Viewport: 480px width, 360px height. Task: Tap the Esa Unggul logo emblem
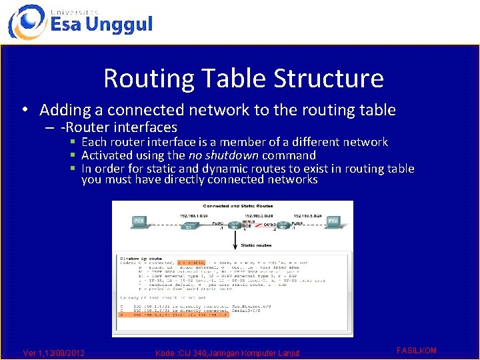pyautogui.click(x=27, y=21)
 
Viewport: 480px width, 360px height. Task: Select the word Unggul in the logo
pyautogui.click(x=121, y=25)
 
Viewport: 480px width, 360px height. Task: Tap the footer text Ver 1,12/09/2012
pyautogui.click(x=54, y=352)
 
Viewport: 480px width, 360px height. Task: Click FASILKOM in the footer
pyautogui.click(x=417, y=351)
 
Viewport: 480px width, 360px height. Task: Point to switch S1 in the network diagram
pyautogui.click(x=189, y=225)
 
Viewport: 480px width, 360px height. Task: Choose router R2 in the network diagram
pyautogui.click(x=283, y=225)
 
